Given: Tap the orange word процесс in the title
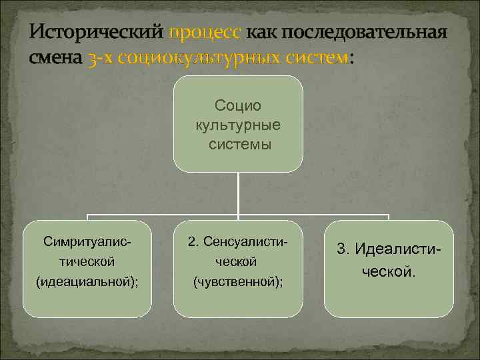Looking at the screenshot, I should (206, 33).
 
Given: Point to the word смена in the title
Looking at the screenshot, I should (56, 58).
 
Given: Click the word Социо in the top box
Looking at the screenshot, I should (238, 105).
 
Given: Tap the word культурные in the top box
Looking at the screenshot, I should (238, 125).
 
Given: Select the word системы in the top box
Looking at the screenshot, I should (238, 144).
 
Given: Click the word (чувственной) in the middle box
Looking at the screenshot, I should (237, 282).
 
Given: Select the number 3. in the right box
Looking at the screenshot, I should (344, 249).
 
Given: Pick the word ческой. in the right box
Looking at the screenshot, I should (389, 271).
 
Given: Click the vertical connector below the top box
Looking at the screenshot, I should (238, 193).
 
